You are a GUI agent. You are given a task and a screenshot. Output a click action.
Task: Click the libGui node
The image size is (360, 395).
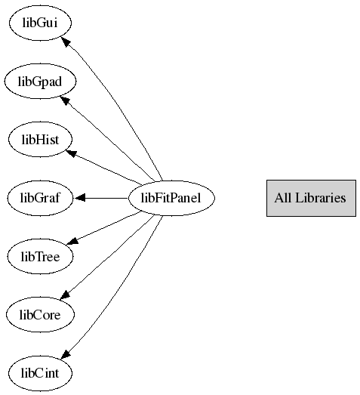[x=40, y=23]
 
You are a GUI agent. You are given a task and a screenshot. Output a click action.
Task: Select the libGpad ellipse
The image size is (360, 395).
[x=40, y=81]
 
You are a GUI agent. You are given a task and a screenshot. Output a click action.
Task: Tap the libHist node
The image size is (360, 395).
[x=40, y=139]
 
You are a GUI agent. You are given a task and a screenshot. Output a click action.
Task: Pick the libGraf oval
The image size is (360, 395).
[x=40, y=198]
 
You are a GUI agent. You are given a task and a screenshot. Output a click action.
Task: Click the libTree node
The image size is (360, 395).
[x=40, y=257]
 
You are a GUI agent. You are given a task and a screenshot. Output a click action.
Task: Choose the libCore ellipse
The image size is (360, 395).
[x=40, y=315]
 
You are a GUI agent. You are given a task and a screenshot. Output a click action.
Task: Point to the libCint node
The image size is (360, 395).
[x=40, y=373]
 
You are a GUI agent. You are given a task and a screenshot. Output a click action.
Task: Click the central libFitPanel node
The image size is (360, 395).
[x=171, y=198]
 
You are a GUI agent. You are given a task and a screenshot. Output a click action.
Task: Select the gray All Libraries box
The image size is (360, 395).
[x=311, y=198]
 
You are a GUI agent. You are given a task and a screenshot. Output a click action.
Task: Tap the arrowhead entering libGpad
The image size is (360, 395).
[x=65, y=100]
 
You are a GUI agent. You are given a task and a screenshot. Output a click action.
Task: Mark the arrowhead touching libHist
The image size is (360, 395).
[x=71, y=153]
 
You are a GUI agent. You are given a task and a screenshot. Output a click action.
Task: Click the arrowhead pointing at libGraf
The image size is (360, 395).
[x=80, y=198]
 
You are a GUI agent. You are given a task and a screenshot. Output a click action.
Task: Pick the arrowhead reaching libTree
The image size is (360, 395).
[x=72, y=242]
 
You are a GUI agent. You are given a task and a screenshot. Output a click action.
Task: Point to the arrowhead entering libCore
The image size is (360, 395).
[x=65, y=295]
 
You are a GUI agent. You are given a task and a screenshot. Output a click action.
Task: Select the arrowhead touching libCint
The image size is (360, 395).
[x=66, y=354]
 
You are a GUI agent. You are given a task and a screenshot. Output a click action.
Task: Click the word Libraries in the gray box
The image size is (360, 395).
[x=320, y=198]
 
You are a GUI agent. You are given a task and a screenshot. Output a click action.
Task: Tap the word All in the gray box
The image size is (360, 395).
[x=283, y=198]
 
